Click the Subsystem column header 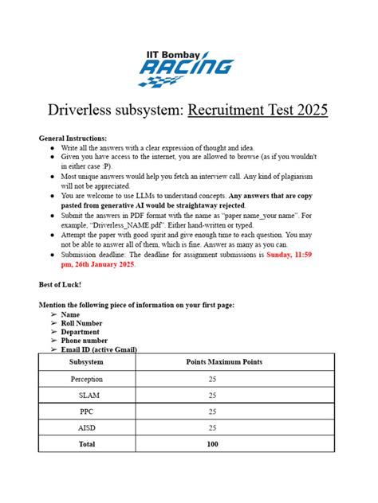click(86, 362)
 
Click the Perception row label click(86, 379)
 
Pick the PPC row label click(86, 411)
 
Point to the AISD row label click(86, 428)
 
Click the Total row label click(86, 445)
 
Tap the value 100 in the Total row click(212, 445)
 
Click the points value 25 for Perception click(212, 379)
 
